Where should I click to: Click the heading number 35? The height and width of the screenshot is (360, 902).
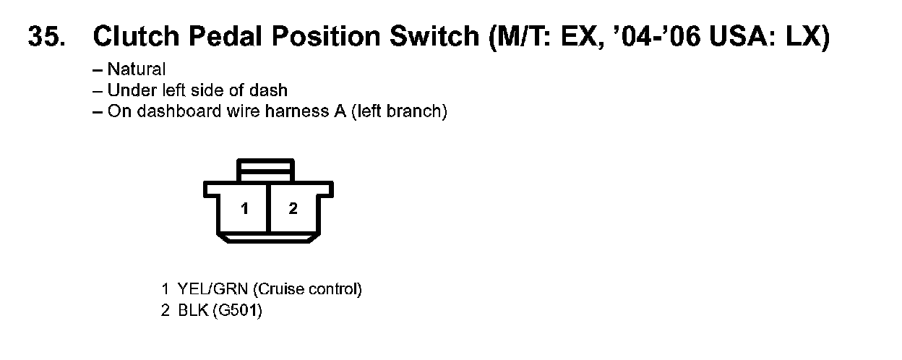click(x=47, y=37)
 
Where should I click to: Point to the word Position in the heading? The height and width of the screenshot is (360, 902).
click(x=323, y=37)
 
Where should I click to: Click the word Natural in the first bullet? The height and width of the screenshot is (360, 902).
click(x=137, y=70)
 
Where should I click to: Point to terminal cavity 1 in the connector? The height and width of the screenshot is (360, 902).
click(x=245, y=209)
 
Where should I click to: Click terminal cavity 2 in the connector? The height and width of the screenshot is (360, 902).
click(x=293, y=209)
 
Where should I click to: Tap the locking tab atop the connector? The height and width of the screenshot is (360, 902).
click(x=266, y=172)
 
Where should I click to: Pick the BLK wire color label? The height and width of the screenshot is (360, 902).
click(x=192, y=312)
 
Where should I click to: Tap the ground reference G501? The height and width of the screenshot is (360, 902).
click(x=237, y=312)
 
